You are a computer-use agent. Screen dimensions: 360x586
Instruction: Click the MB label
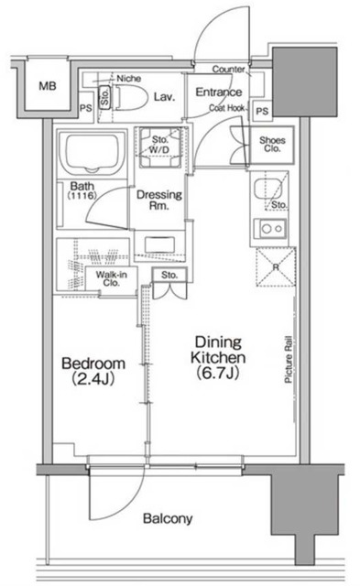(x=48, y=86)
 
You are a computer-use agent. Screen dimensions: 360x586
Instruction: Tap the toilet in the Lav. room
(x=129, y=98)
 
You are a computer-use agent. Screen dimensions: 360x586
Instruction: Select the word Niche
(x=129, y=79)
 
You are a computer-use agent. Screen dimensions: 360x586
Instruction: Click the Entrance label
(x=219, y=92)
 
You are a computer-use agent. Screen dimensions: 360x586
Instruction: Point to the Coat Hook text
(x=227, y=108)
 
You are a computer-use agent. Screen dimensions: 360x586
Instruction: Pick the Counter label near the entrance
(x=229, y=70)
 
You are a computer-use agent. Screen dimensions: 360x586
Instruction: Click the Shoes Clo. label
(x=272, y=145)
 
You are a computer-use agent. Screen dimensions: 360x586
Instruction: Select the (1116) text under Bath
(x=82, y=195)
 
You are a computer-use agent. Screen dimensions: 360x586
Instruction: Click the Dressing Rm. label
(x=159, y=200)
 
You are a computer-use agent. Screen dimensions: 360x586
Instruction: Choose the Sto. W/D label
(x=160, y=145)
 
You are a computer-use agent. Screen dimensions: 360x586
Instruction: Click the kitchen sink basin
(x=267, y=189)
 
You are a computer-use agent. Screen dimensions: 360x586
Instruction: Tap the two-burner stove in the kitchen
(x=270, y=228)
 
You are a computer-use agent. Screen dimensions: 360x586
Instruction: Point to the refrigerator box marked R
(x=276, y=266)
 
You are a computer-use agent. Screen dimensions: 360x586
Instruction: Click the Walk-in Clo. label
(x=112, y=278)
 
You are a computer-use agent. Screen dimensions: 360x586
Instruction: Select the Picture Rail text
(x=289, y=360)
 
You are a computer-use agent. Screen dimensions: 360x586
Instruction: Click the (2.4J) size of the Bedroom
(x=93, y=379)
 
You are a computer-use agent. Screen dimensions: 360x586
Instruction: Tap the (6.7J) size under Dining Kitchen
(x=218, y=373)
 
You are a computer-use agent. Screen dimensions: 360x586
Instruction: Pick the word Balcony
(x=168, y=519)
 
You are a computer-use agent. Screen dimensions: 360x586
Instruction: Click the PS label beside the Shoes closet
(x=262, y=112)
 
